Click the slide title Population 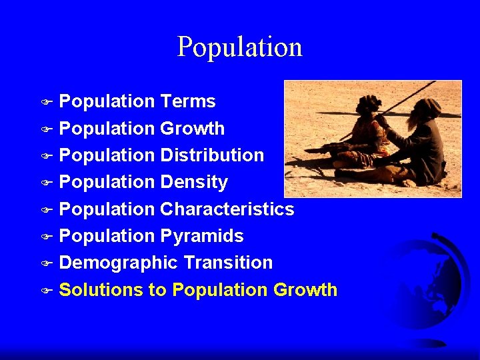pyautogui.click(x=240, y=47)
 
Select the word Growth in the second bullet pyautogui.click(x=192, y=129)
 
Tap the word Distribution pyautogui.click(x=212, y=155)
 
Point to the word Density pyautogui.click(x=193, y=182)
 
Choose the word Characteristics pyautogui.click(x=227, y=209)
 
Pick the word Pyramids pyautogui.click(x=201, y=236)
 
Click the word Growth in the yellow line pyautogui.click(x=305, y=290)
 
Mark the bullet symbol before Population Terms pyautogui.click(x=45, y=103)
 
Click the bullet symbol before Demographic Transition pyautogui.click(x=45, y=264)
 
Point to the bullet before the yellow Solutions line pyautogui.click(x=45, y=291)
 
